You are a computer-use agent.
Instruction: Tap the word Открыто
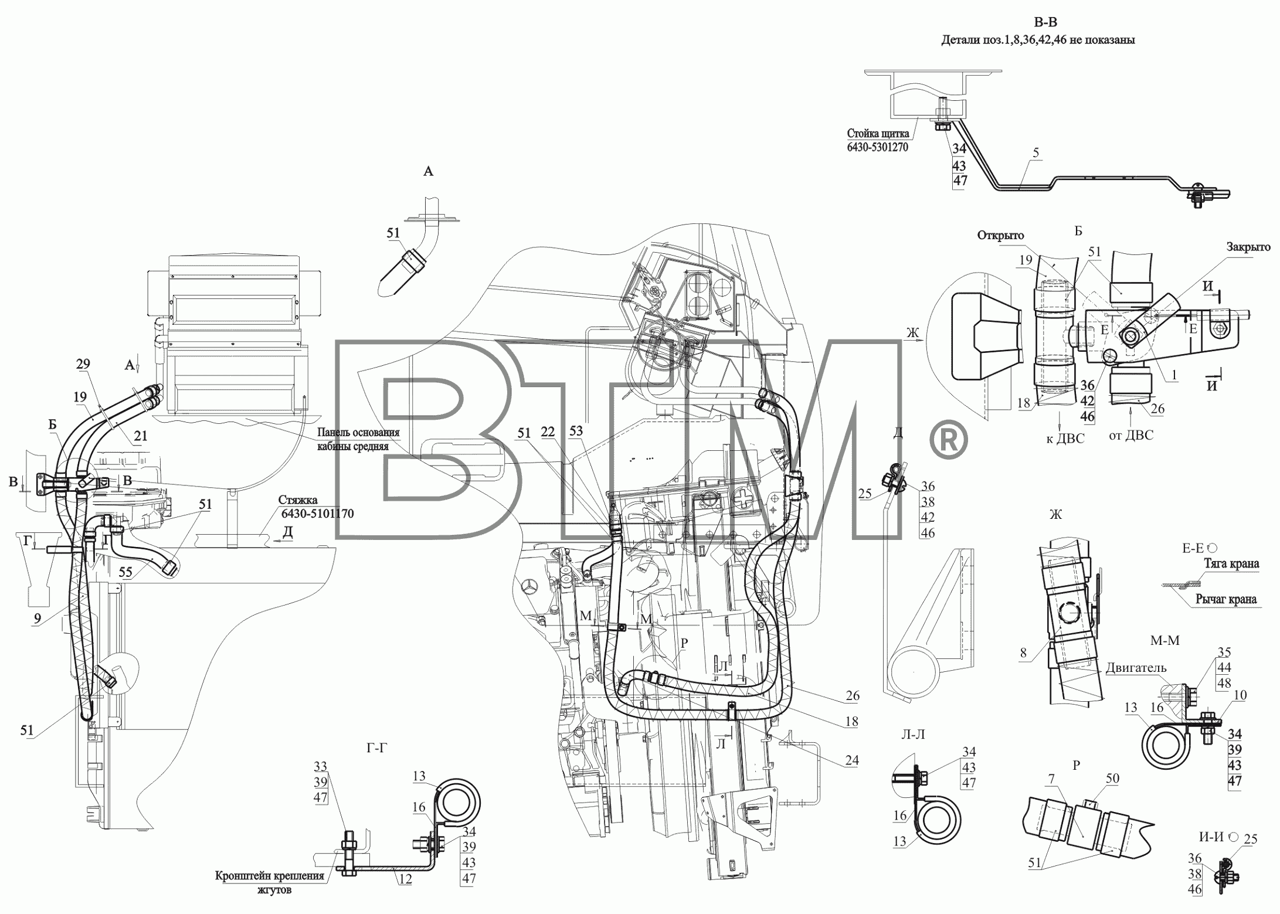point(1000,236)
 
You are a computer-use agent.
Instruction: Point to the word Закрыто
point(1248,247)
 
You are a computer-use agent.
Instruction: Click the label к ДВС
point(1066,439)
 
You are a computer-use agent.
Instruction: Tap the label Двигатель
point(1136,668)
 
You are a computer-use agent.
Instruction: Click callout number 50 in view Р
point(1112,779)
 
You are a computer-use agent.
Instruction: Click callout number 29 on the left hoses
point(83,364)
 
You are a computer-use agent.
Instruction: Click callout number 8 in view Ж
point(1023,653)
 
